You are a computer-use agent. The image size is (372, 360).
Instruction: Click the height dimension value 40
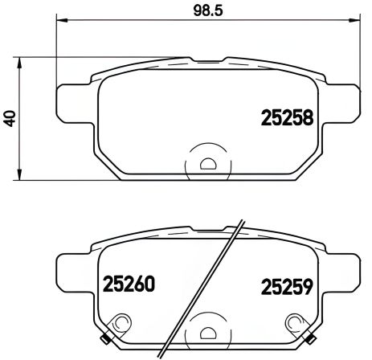[9, 117]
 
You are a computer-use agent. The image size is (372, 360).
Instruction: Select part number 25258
[287, 117]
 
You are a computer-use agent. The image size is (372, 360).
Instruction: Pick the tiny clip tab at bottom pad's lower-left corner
[108, 336]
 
